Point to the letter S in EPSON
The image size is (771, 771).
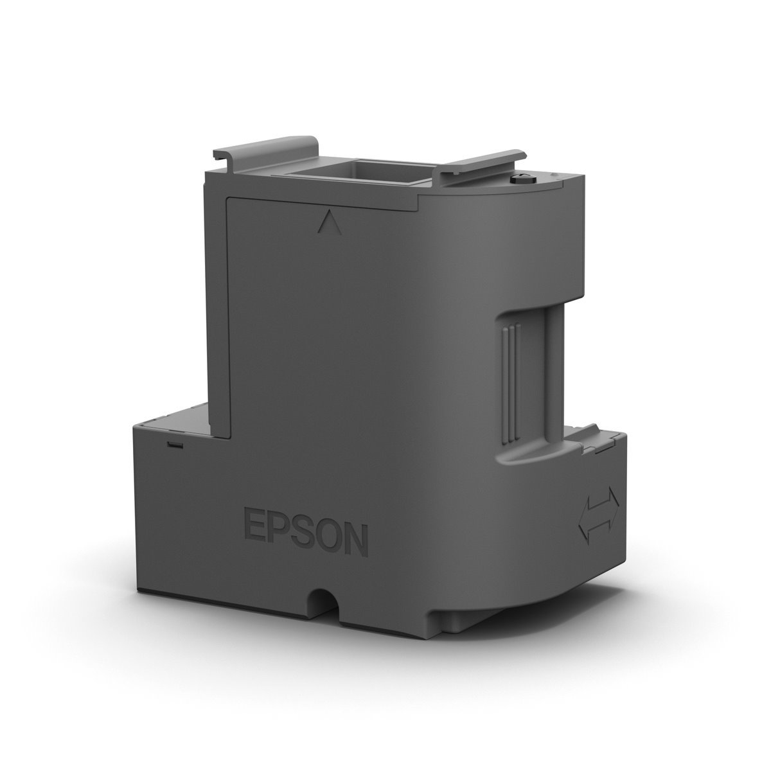(303, 544)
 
